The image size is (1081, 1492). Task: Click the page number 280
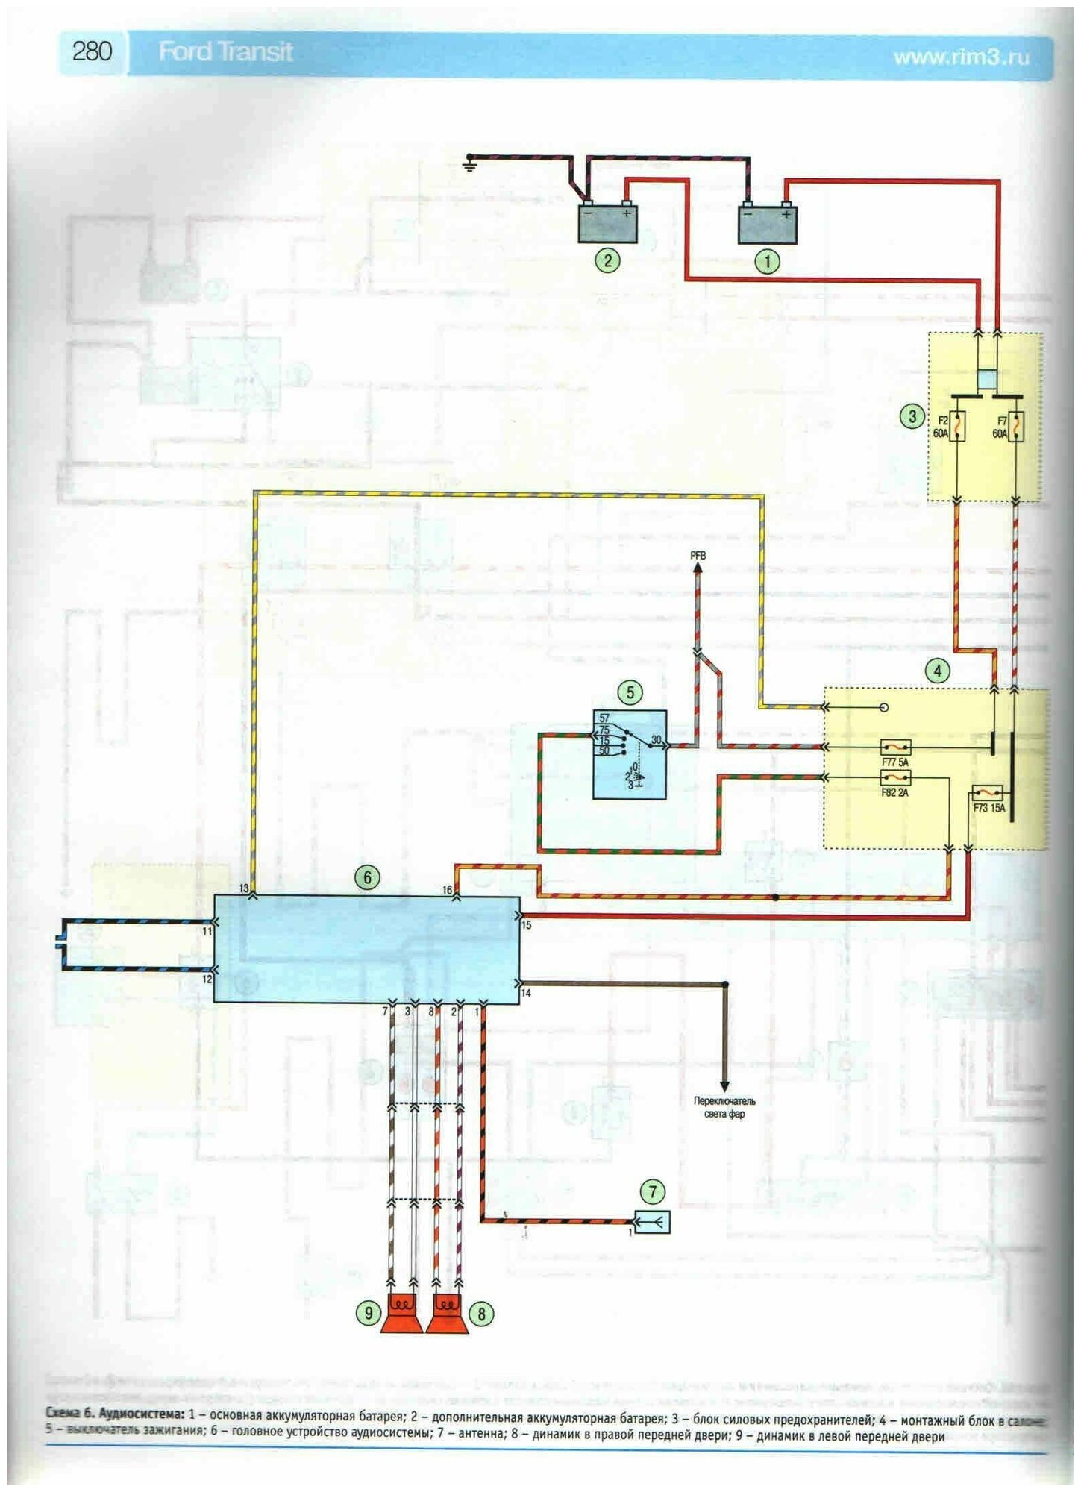pos(93,52)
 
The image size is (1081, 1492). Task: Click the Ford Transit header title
pos(225,52)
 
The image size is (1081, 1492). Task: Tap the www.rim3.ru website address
pos(961,57)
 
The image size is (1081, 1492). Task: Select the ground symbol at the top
pos(469,161)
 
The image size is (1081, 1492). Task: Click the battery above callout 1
pos(767,225)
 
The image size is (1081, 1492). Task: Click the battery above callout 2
pos(608,224)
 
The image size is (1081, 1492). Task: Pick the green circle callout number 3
pos(912,416)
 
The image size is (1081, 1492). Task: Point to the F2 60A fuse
pos(958,427)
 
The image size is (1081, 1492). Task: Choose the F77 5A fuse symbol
pos(895,747)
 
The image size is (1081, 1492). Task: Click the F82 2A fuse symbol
pos(895,778)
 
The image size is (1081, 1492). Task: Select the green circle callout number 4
pos(937,670)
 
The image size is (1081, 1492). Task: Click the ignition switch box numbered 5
pos(630,754)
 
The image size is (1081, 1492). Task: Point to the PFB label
pos(698,556)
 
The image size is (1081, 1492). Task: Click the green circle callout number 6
pos(367,877)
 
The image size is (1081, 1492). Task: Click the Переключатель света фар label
pos(724,1107)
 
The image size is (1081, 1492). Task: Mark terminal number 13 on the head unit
pos(244,888)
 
